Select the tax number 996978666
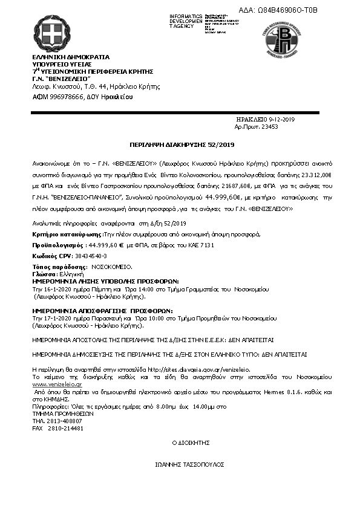point(65,97)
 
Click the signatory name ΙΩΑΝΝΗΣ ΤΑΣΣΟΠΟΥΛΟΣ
point(190,464)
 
